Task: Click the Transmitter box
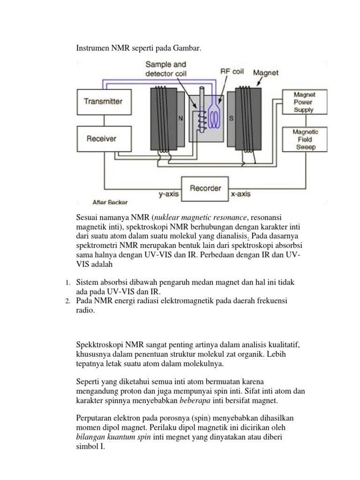coord(103,101)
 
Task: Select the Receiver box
coord(102,139)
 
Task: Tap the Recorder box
coord(205,188)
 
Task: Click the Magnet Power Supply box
coord(303,103)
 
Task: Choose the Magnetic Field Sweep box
coord(305,139)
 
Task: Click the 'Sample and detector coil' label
coord(165,69)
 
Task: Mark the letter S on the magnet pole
coord(231,119)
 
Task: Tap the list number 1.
coord(67,282)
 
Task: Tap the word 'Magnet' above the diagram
coord(266,73)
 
